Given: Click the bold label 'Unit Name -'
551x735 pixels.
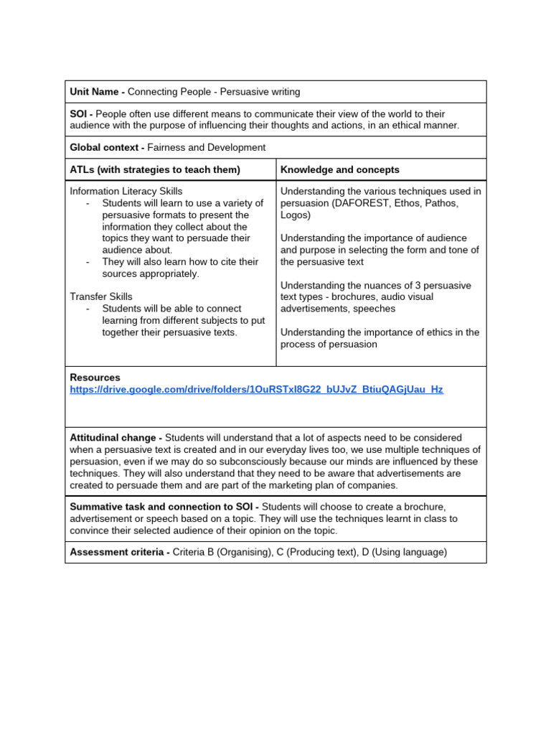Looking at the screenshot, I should point(97,92).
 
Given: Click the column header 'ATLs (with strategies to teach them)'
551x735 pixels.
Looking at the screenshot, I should point(154,169).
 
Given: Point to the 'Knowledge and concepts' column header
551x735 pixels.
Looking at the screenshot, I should point(340,169).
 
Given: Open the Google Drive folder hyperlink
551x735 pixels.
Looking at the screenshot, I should point(256,389).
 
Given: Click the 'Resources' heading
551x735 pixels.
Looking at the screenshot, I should point(95,378).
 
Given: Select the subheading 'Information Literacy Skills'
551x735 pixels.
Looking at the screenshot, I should point(126,191).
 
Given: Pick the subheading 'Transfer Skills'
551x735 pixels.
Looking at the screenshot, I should point(100,296).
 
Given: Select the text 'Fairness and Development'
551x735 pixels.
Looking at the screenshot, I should point(206,147).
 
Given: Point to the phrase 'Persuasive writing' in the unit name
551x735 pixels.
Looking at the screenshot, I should point(260,92).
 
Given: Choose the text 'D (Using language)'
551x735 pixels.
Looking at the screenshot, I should point(403,552).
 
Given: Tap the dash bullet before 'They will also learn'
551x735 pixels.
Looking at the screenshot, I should point(88,262).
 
